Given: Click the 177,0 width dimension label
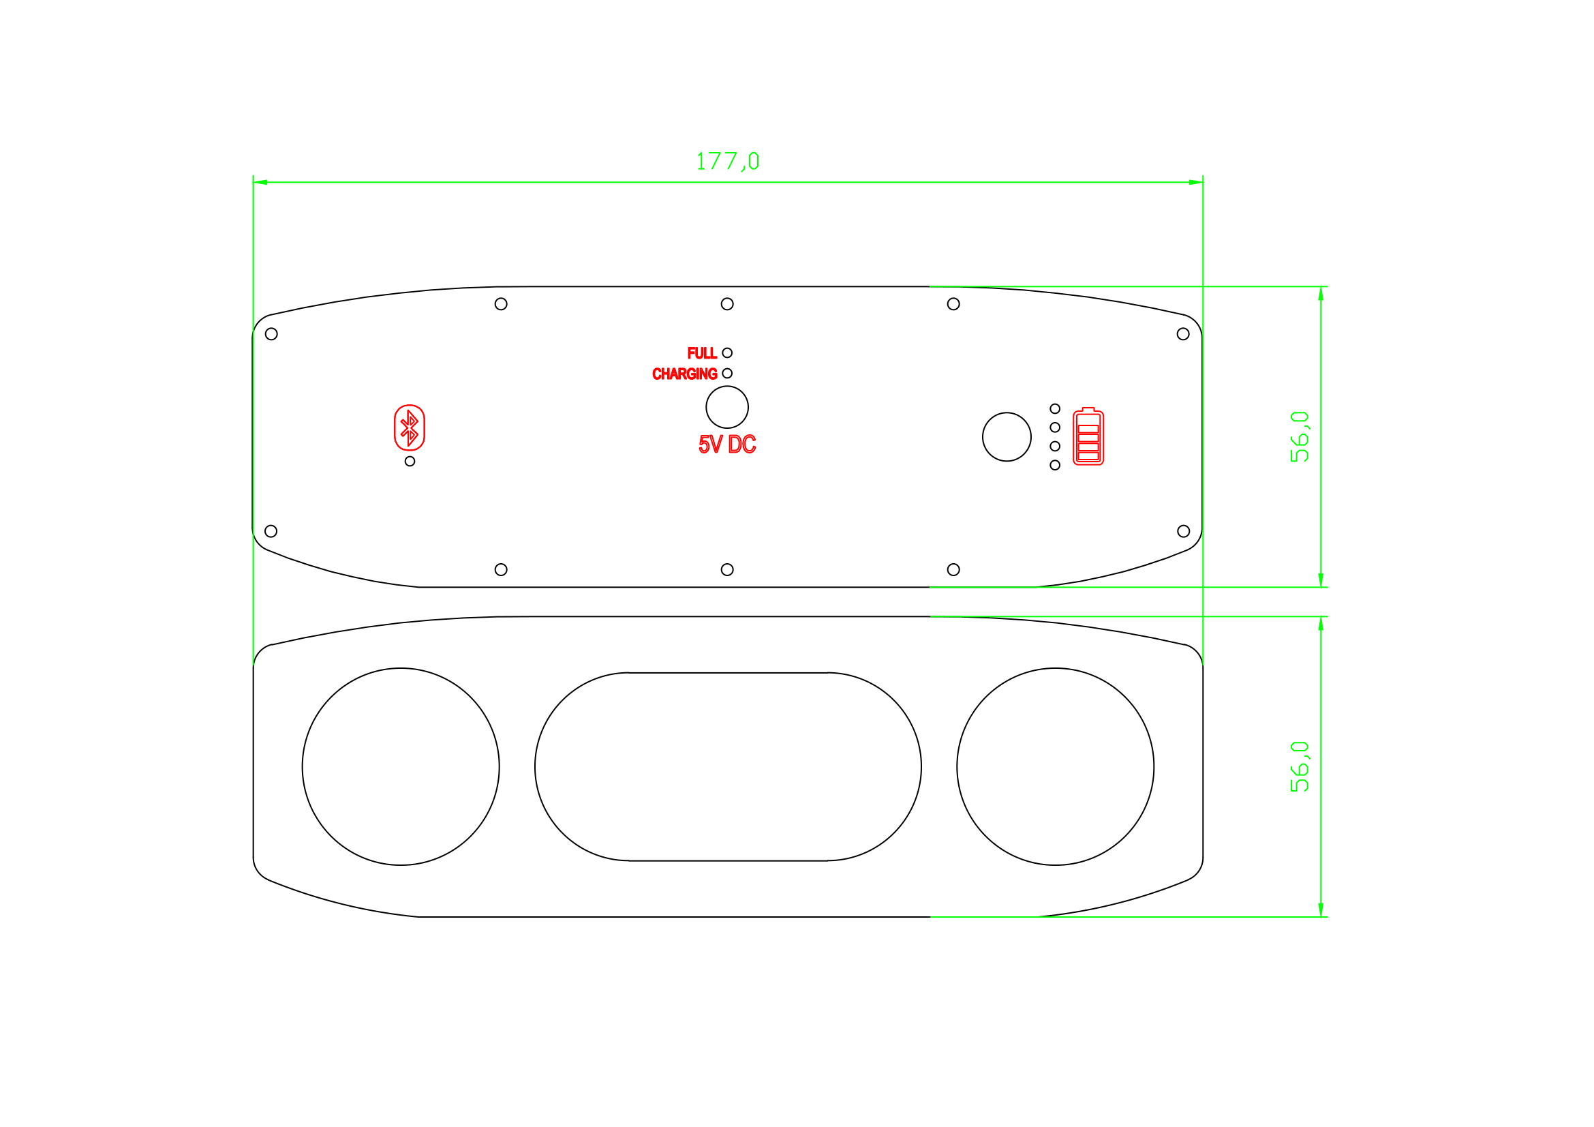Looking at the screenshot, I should point(728,161).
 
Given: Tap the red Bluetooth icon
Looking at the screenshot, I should point(410,427).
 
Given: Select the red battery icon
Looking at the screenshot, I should point(1088,437).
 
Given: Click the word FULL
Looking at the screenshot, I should point(702,353).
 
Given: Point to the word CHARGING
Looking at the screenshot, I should point(684,374).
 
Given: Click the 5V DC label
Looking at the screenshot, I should point(727,445).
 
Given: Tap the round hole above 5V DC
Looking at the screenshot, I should point(727,407).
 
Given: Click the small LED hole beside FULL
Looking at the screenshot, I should point(727,352).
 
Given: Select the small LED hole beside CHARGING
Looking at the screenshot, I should point(727,374).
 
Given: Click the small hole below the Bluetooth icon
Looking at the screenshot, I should point(410,461).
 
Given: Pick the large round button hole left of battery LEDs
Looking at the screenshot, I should point(1007,437).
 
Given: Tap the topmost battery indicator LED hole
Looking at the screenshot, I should point(1055,409).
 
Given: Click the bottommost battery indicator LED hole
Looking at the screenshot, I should point(1055,465).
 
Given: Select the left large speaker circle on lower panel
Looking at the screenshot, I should point(401,766).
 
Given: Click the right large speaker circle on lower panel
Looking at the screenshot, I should point(1055,766).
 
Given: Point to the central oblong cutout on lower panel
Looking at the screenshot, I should point(728,766).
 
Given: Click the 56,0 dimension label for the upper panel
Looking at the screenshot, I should point(1299,437).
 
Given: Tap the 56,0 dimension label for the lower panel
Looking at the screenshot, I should point(1299,766).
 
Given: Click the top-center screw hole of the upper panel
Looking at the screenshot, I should point(727,304).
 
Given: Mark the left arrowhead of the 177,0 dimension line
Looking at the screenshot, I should point(260,183).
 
